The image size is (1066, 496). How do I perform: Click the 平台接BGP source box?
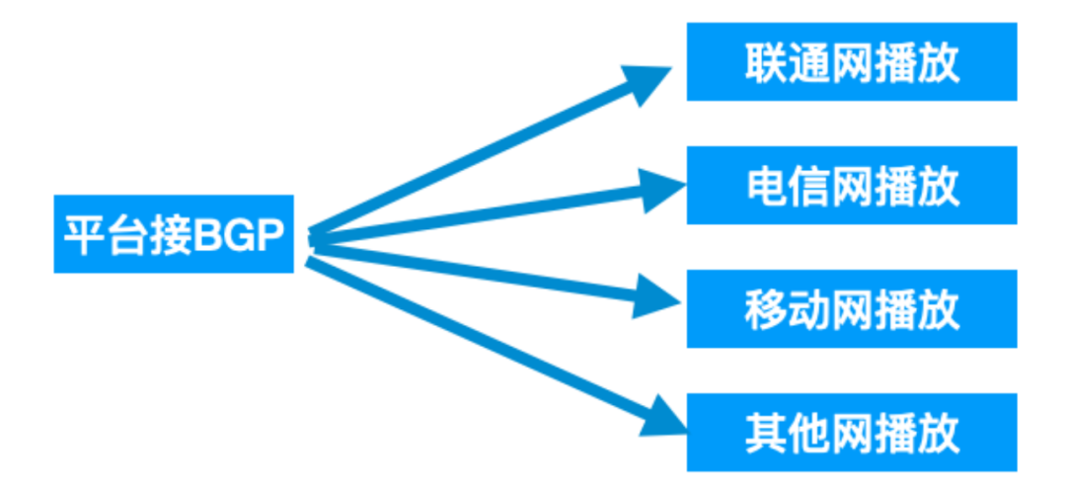(x=173, y=234)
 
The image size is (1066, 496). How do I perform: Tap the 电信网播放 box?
(x=851, y=186)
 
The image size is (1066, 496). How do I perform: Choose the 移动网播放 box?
(x=851, y=308)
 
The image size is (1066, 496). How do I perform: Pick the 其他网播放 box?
(x=851, y=432)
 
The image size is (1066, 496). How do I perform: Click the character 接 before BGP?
(x=170, y=235)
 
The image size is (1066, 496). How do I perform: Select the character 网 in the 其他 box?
(x=851, y=433)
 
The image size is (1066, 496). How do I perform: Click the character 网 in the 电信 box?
(x=851, y=187)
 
